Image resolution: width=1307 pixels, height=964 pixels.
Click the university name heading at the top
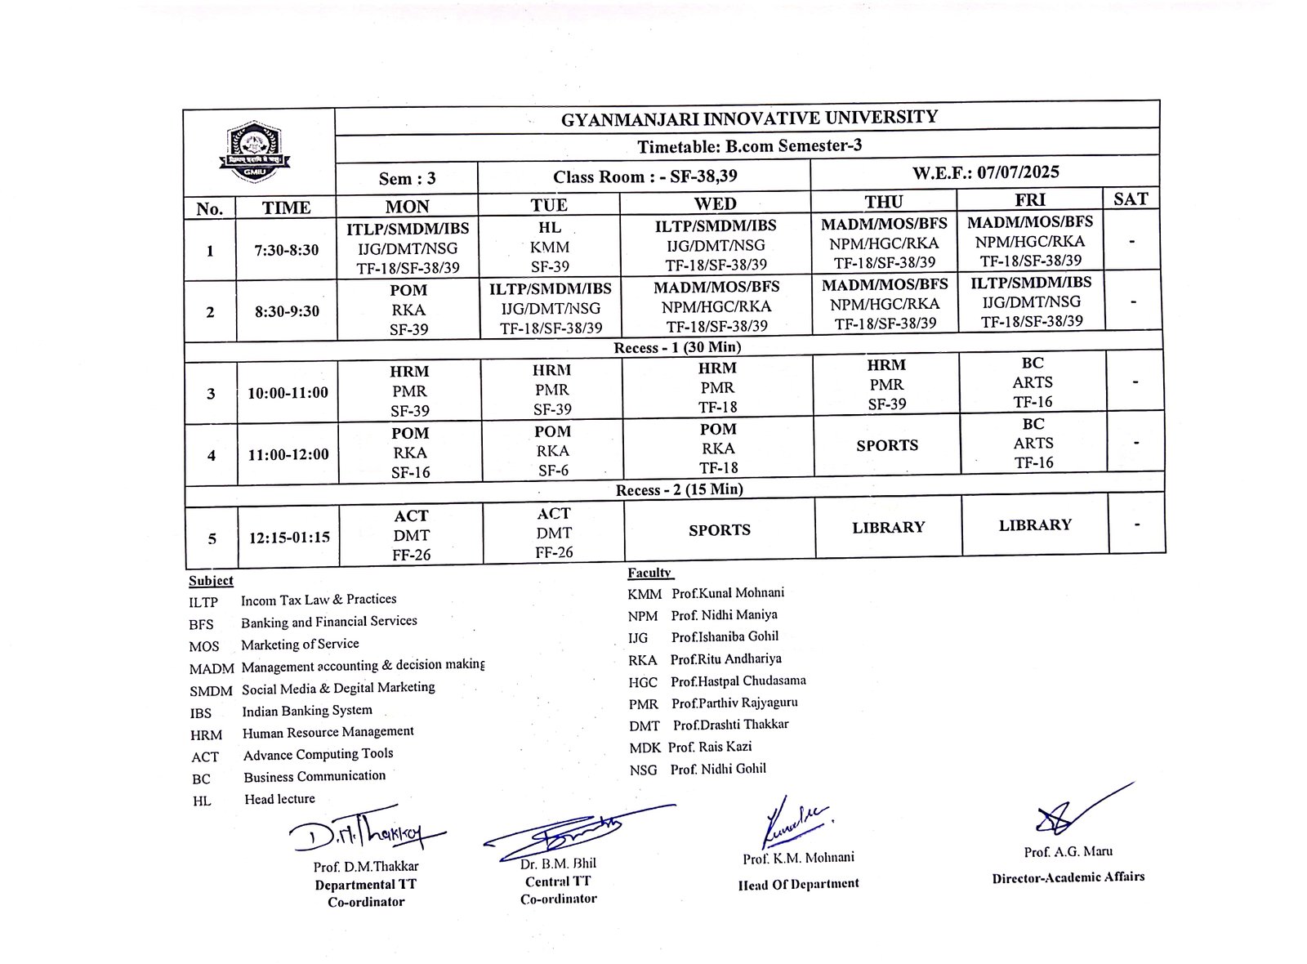click(x=749, y=118)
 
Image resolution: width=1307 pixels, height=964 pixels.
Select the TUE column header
click(x=549, y=204)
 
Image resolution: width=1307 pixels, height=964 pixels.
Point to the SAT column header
click(x=1131, y=199)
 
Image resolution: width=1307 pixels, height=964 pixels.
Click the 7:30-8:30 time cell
click(x=287, y=250)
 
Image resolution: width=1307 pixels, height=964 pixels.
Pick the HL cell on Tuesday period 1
click(x=550, y=227)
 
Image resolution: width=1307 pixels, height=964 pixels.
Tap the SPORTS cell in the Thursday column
click(x=887, y=445)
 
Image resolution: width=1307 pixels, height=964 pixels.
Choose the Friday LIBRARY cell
click(x=1035, y=525)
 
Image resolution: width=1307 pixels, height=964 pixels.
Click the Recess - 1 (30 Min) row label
click(x=677, y=347)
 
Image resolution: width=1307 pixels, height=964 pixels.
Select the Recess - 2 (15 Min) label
click(x=679, y=489)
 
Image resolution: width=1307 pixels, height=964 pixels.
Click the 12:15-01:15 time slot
click(x=289, y=537)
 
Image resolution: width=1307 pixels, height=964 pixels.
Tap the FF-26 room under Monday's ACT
click(x=411, y=555)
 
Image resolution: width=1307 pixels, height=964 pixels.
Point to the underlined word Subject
click(x=211, y=581)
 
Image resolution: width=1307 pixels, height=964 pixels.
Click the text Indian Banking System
click(x=307, y=710)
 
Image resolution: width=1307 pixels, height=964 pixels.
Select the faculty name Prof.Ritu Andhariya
click(x=725, y=658)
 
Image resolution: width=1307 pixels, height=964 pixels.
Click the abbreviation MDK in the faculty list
click(x=645, y=747)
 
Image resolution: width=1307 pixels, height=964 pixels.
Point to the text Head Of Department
click(x=798, y=883)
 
